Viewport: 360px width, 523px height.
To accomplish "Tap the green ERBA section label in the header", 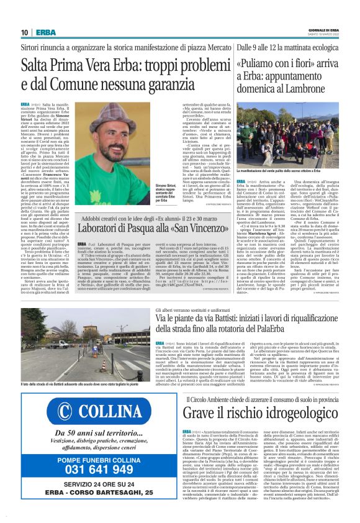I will pyautogui.click(x=45, y=32).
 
